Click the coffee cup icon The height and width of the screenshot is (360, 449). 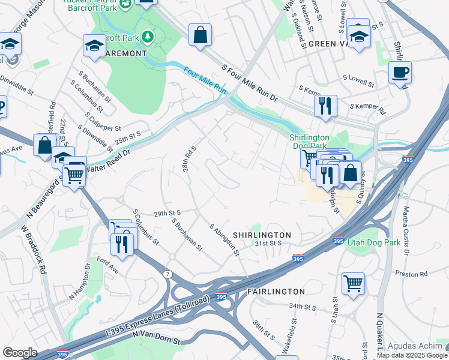(400, 73)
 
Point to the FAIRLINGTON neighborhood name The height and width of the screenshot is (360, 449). (276, 292)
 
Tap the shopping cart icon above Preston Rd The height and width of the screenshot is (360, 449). (353, 282)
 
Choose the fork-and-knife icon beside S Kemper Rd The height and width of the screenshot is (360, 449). (325, 106)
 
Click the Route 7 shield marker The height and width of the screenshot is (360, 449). (166, 274)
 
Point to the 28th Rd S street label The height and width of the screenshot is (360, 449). (189, 157)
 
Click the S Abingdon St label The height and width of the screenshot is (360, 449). (224, 240)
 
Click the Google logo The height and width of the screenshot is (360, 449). (19, 353)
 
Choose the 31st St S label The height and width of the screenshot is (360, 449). (268, 244)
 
